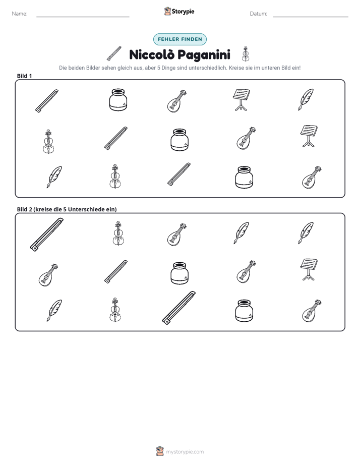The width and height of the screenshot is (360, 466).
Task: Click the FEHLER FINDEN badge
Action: (x=179, y=39)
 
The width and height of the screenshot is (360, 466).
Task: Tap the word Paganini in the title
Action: (x=204, y=55)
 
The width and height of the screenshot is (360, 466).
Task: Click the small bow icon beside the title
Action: (x=114, y=54)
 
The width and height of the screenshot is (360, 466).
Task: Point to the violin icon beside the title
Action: (x=246, y=54)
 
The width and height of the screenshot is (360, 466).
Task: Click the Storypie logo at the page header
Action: (x=179, y=11)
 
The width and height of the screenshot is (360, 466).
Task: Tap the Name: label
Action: (x=20, y=14)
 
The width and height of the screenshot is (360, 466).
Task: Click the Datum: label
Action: (x=259, y=14)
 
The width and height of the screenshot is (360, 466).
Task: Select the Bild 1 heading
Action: (x=24, y=76)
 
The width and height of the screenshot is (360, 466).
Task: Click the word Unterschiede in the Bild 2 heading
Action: (x=86, y=209)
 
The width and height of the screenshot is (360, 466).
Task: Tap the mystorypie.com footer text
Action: (x=185, y=452)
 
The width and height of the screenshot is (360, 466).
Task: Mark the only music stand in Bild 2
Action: (x=309, y=269)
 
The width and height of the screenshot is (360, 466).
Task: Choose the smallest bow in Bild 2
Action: (x=116, y=272)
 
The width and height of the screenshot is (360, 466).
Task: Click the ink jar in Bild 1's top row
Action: (x=118, y=100)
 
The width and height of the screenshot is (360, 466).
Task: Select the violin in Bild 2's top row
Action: (x=118, y=234)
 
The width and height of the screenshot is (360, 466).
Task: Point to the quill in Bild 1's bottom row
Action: (x=54, y=177)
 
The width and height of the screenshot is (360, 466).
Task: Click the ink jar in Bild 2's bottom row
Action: (x=244, y=311)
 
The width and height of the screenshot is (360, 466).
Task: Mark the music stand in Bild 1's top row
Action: (x=241, y=100)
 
